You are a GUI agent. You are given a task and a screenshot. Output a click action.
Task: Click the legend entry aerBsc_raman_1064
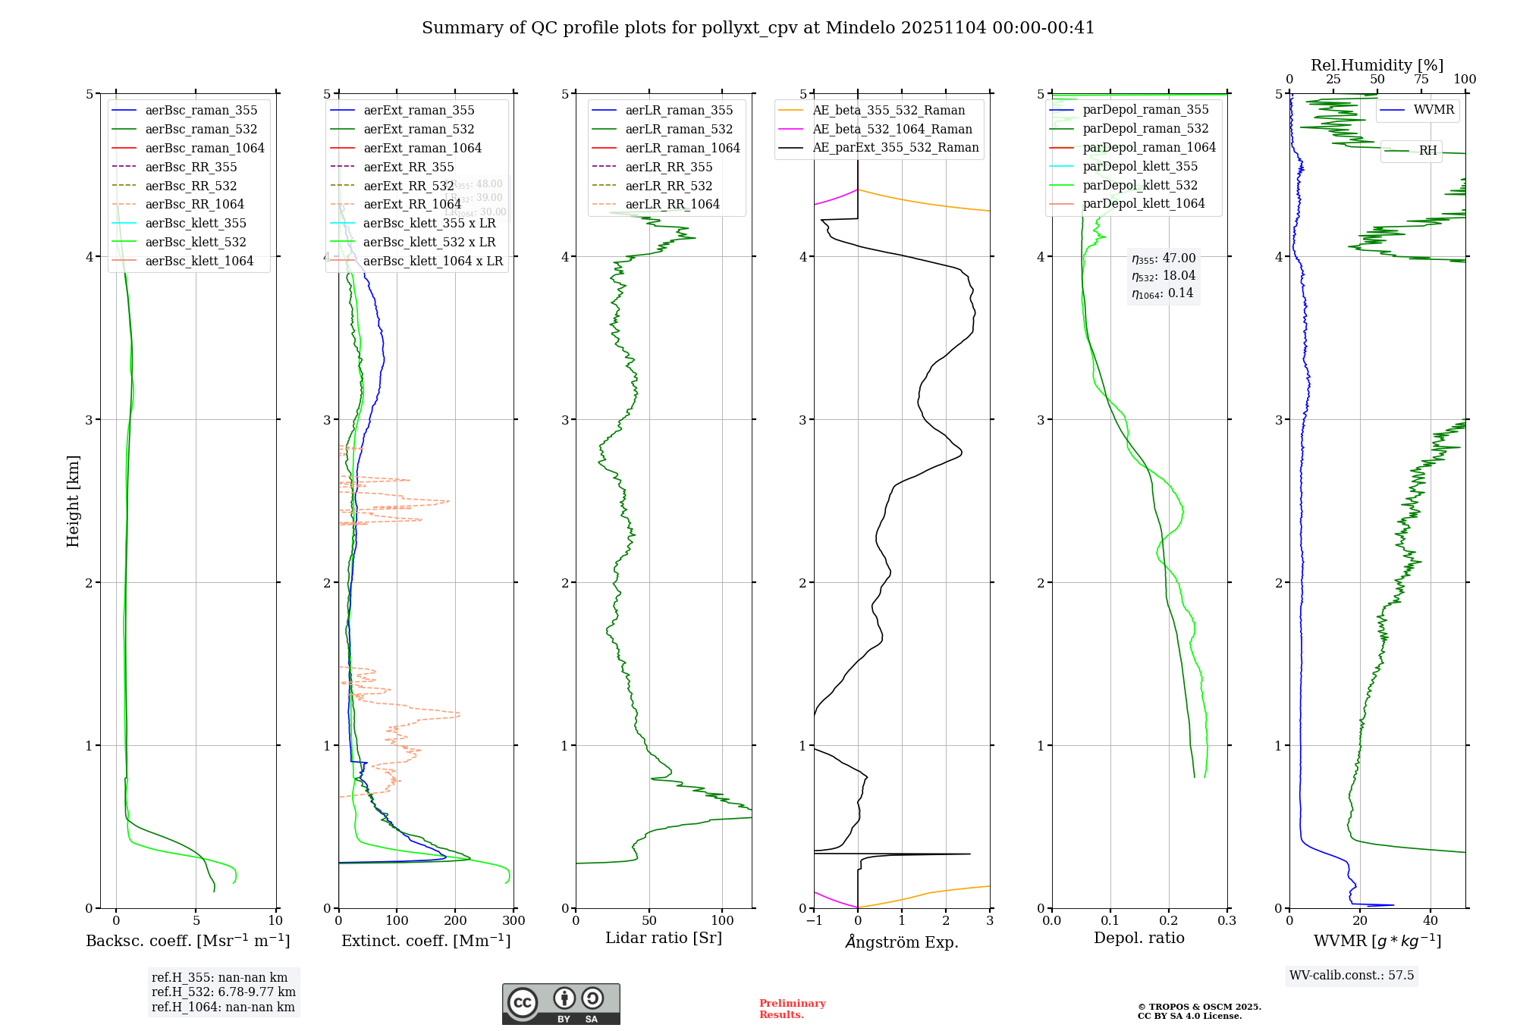[205, 148]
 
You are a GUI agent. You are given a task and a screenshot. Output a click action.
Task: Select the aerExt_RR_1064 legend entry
[412, 204]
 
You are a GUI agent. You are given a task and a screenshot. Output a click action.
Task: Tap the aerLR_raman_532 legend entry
[679, 129]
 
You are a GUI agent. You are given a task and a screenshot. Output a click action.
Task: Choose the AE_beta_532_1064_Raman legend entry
[892, 129]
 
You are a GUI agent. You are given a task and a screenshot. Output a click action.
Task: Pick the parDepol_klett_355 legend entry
[1140, 166]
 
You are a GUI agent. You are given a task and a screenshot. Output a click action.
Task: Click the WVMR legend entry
[1434, 110]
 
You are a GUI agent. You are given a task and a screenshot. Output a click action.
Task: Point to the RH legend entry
[1427, 151]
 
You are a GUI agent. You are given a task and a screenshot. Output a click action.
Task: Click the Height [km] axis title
[73, 501]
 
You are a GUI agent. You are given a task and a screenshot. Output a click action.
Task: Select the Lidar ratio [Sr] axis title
[663, 938]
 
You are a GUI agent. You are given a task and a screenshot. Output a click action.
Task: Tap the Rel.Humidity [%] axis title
[1377, 65]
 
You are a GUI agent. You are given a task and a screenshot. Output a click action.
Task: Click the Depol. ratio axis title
[1139, 938]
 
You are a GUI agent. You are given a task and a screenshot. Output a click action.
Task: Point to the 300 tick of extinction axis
[514, 921]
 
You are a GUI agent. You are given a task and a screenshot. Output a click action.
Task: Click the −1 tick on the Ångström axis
[814, 921]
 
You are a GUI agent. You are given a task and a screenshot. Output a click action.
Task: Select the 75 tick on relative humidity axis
[1421, 80]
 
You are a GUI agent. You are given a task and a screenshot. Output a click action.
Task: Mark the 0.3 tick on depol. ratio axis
[1226, 921]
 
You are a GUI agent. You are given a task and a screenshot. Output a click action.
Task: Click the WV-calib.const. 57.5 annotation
[1352, 975]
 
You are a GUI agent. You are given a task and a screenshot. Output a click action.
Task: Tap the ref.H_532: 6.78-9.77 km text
[223, 992]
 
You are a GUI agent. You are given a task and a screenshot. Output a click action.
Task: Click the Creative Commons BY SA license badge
[561, 1004]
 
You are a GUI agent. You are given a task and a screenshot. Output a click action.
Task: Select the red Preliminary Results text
[792, 1009]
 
